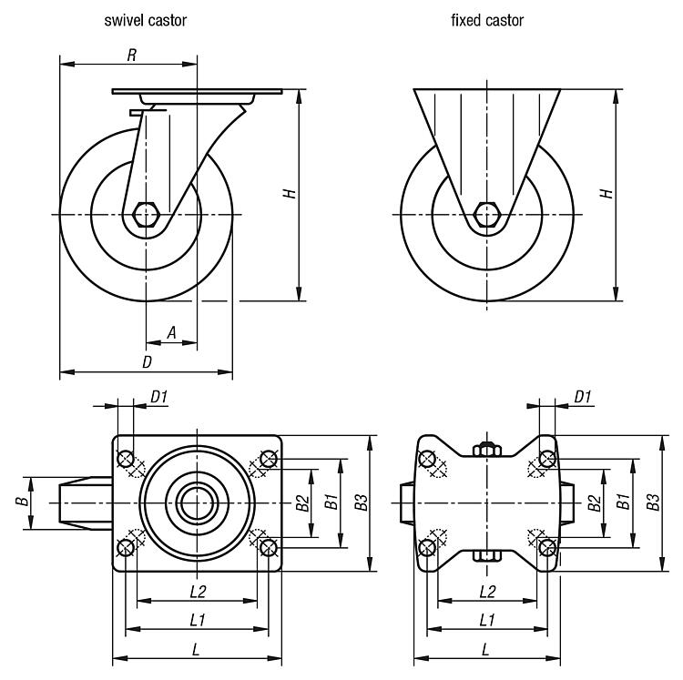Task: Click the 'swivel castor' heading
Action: click(x=147, y=19)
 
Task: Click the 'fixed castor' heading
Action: click(x=487, y=19)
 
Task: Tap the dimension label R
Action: click(x=131, y=56)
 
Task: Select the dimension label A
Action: click(x=171, y=334)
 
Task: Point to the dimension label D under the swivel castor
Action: click(x=146, y=362)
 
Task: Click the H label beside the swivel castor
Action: click(x=289, y=193)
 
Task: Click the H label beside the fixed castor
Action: click(x=606, y=193)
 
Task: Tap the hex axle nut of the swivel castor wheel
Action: click(x=146, y=215)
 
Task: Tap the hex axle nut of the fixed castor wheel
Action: click(x=487, y=215)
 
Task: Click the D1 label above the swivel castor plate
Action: click(x=158, y=396)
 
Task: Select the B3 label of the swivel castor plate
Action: click(x=362, y=502)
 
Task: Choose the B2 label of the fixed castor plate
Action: click(x=593, y=502)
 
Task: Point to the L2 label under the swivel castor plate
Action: click(x=197, y=592)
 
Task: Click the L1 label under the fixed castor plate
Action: click(x=486, y=620)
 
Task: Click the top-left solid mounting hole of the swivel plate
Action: click(x=127, y=458)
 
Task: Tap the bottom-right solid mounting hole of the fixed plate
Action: click(x=546, y=547)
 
